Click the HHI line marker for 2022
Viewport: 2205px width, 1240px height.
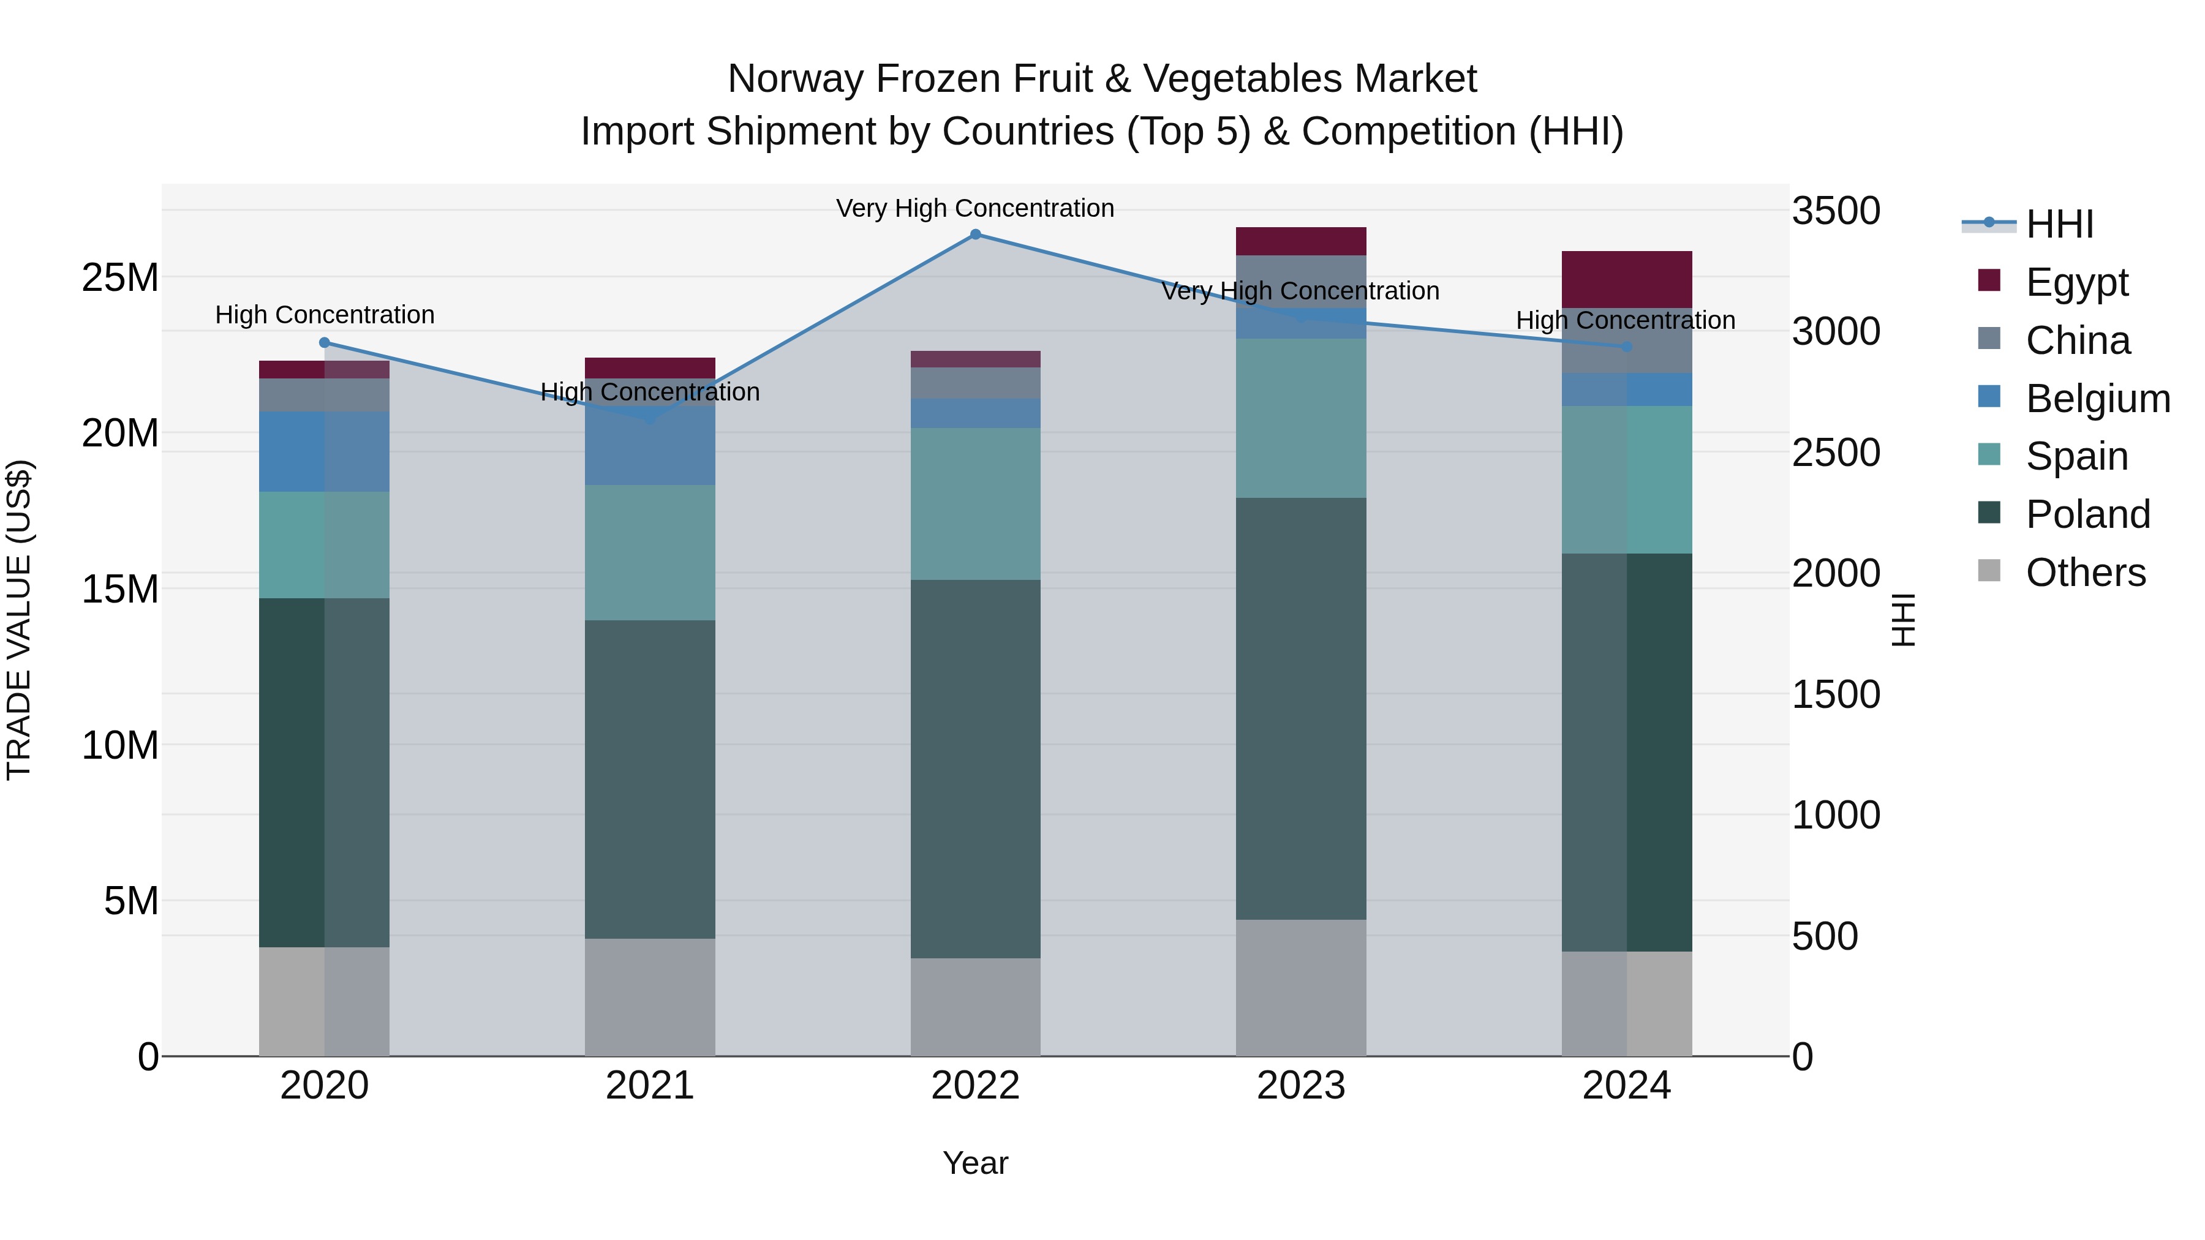pos(975,235)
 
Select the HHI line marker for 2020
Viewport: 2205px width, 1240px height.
pos(325,342)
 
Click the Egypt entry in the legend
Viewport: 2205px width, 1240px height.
pos(2076,282)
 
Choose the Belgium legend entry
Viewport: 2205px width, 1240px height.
pos(2097,399)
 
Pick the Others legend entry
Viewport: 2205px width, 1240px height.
pos(2085,573)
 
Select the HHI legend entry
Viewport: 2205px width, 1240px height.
pos(2059,224)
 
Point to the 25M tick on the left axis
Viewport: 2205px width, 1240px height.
pos(120,278)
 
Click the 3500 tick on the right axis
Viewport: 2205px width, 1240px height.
pos(1836,211)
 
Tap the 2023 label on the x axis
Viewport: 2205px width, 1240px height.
pos(1300,1086)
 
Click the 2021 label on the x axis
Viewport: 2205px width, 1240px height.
pos(650,1086)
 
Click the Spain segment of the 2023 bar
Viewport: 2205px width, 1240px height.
pos(1300,418)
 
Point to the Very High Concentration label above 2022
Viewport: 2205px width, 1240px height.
pos(975,209)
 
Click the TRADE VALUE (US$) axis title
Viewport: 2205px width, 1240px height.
pos(19,620)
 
